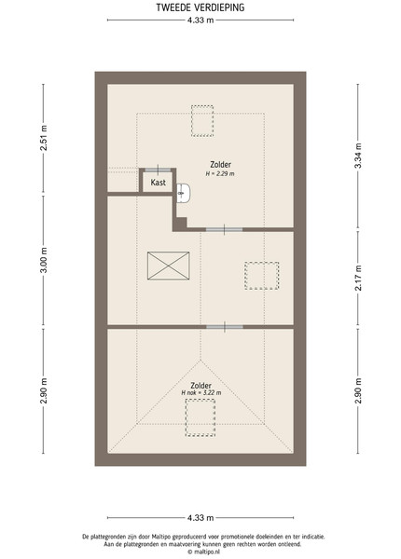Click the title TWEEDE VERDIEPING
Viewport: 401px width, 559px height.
click(x=200, y=7)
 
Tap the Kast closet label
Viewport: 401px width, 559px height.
click(x=158, y=183)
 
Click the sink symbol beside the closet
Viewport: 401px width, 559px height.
click(x=184, y=193)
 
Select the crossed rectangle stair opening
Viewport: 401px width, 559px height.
click(x=169, y=266)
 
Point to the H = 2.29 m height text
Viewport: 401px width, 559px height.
click(x=220, y=173)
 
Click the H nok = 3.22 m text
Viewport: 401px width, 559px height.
click(x=201, y=392)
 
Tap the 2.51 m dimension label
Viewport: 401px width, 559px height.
click(x=44, y=138)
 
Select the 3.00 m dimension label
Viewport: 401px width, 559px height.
click(x=44, y=260)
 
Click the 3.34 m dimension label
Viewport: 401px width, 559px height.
click(x=358, y=156)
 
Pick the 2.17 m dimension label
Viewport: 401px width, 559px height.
click(x=358, y=278)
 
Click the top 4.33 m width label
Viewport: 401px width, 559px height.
click(x=200, y=20)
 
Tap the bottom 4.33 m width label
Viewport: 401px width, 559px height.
click(x=200, y=518)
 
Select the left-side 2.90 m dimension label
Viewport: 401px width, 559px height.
click(x=44, y=391)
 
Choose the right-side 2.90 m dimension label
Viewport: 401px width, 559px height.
click(x=358, y=391)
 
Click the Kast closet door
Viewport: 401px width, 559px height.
click(x=158, y=170)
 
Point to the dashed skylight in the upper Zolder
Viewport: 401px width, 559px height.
click(x=202, y=120)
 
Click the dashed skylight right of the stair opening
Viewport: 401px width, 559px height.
click(x=261, y=276)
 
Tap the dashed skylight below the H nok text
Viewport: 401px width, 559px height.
click(x=200, y=417)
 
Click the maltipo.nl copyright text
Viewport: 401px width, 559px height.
click(x=204, y=552)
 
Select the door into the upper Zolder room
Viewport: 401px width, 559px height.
click(x=224, y=229)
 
